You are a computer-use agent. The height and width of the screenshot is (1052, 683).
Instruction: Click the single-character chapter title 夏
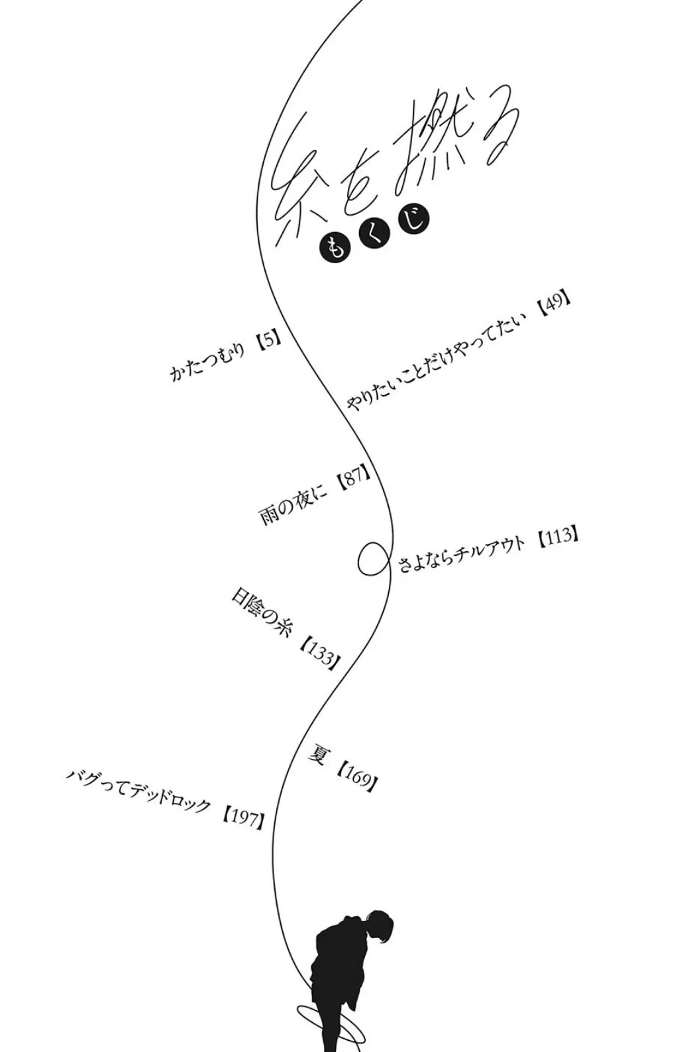318,755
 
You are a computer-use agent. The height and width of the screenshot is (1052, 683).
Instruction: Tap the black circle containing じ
412,220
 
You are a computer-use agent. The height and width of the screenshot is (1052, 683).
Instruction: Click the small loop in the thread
372,560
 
